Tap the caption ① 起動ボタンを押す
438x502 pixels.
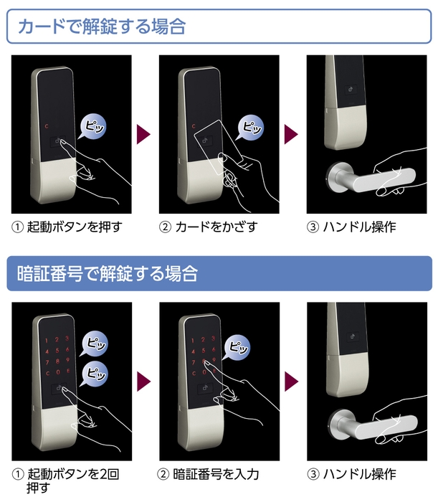point(67,227)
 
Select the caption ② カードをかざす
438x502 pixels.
point(207,227)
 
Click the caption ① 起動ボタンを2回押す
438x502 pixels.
point(67,480)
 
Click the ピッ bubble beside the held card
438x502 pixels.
point(252,127)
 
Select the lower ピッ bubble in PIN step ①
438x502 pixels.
point(95,374)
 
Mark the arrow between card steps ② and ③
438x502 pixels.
point(291,134)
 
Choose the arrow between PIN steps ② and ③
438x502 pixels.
point(291,381)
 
